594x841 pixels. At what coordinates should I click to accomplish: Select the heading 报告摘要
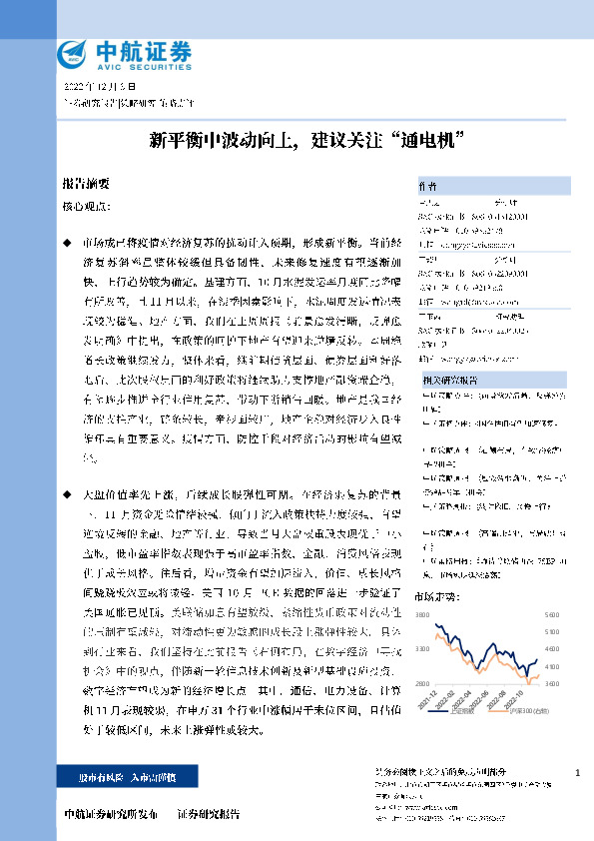(x=86, y=185)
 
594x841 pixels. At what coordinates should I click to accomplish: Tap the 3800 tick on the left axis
(x=423, y=613)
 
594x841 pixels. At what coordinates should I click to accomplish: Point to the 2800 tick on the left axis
(x=423, y=682)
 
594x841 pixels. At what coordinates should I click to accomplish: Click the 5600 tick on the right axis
(x=552, y=613)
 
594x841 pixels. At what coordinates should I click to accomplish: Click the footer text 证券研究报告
(x=208, y=812)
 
